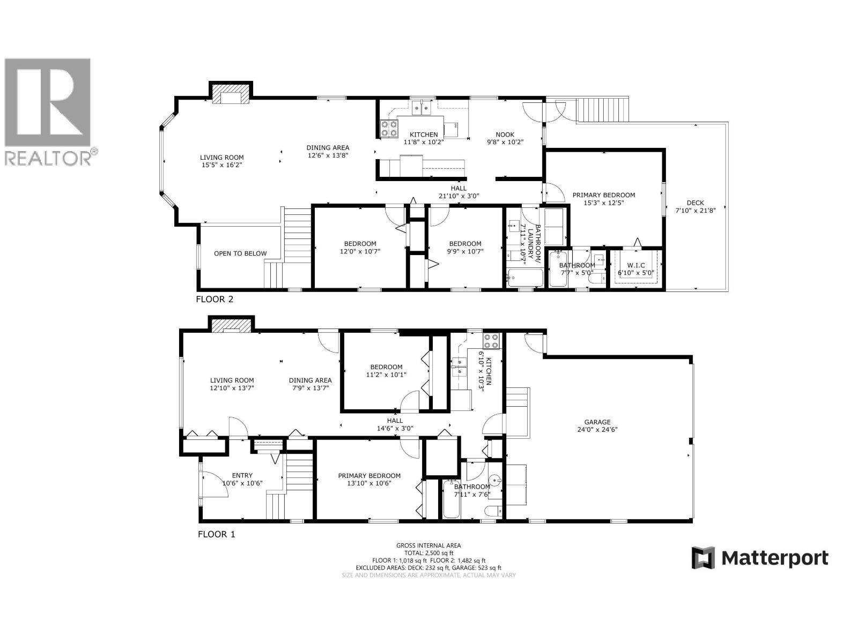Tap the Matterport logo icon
[x=703, y=558]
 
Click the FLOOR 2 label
[x=214, y=300]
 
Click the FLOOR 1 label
[x=216, y=534]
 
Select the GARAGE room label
[x=597, y=422]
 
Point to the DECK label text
[x=695, y=203]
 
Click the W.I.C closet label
[x=636, y=265]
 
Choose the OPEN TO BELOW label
[x=240, y=253]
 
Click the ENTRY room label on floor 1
[x=242, y=475]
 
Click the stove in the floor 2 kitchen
[x=389, y=129]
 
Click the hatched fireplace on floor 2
[x=231, y=94]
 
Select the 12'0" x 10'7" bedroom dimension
[x=358, y=251]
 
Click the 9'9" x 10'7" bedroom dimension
[x=465, y=251]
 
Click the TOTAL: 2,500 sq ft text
[x=428, y=553]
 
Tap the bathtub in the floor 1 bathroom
[x=451, y=499]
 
